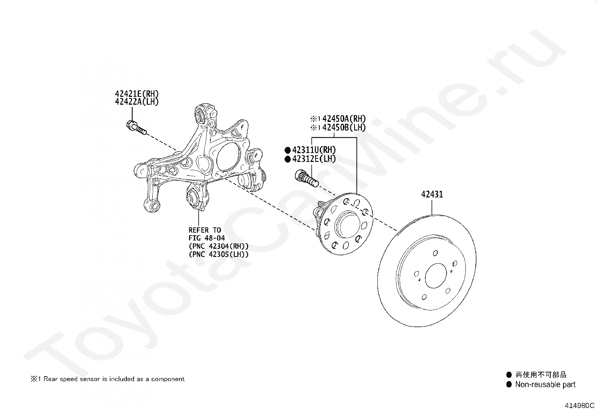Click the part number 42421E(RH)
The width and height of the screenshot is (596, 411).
(137, 93)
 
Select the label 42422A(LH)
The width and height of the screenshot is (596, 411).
(137, 102)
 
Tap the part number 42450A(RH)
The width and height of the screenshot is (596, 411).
(344, 119)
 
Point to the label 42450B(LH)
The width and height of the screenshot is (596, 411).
(344, 127)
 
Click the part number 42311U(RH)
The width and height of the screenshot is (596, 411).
(314, 150)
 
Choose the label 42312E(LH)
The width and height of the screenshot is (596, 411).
(314, 159)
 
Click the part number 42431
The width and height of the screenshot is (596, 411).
(432, 194)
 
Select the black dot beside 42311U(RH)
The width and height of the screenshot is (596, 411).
(288, 150)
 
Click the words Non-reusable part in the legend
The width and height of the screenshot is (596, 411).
(545, 384)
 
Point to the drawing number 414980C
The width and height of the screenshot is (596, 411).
(580, 405)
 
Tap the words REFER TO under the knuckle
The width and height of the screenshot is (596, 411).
(204, 230)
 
